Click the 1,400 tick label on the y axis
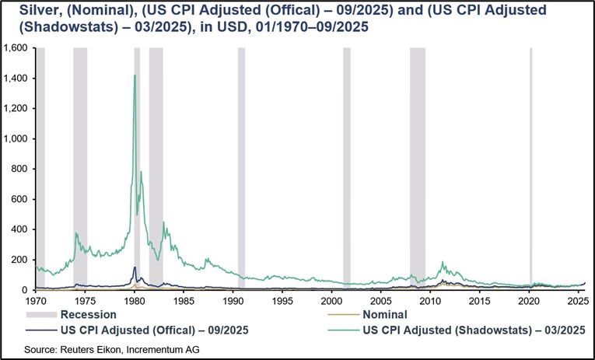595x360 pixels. pyautogui.click(x=18, y=79)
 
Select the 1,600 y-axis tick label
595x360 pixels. pyautogui.click(x=18, y=48)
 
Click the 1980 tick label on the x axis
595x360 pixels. pyautogui.click(x=135, y=299)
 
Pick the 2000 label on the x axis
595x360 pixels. pyautogui.click(x=332, y=299)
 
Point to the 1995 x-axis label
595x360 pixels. pyautogui.click(x=283, y=299)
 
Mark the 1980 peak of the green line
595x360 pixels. pyautogui.click(x=135, y=75)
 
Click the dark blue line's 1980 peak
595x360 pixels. pyautogui.click(x=135, y=267)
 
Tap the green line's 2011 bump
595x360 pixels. pyautogui.click(x=443, y=264)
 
